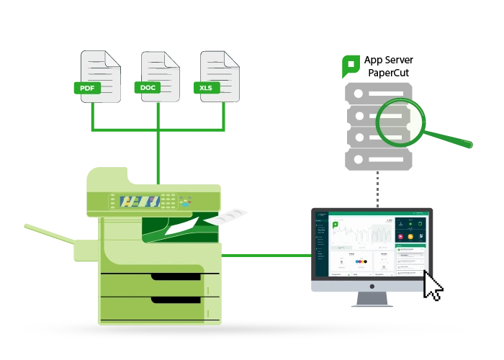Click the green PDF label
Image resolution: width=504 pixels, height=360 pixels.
pyautogui.click(x=88, y=89)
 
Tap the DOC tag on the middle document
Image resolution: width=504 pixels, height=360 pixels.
pyautogui.click(x=147, y=88)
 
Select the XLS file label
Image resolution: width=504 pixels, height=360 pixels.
pyautogui.click(x=206, y=89)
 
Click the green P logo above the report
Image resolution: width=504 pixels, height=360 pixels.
pyautogui.click(x=350, y=66)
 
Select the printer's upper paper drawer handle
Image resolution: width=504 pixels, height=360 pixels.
pyautogui.click(x=176, y=276)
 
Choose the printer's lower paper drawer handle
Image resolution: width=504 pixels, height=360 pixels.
pyautogui.click(x=176, y=299)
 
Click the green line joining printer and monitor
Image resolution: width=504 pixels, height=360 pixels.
pyautogui.click(x=266, y=255)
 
